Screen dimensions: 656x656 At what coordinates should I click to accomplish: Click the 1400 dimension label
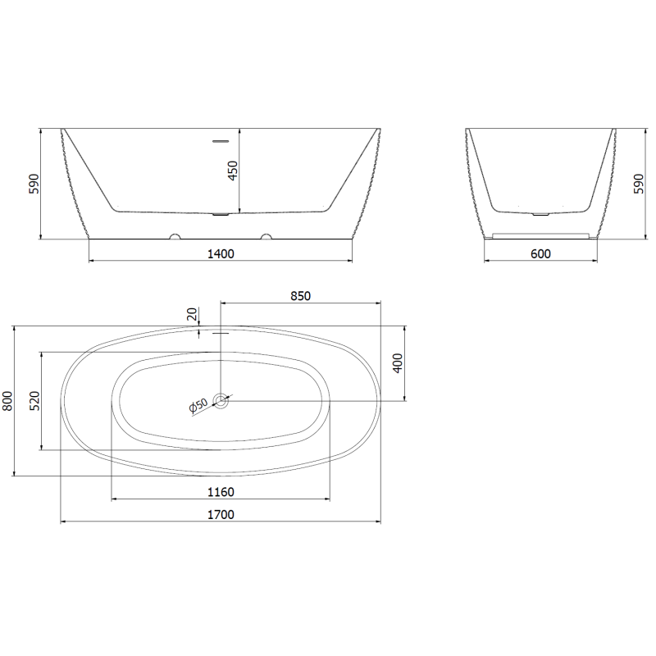(x=221, y=253)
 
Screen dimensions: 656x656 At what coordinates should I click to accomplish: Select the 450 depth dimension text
(x=232, y=171)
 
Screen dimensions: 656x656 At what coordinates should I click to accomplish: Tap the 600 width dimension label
(x=540, y=253)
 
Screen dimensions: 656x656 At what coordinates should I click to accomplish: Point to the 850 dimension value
(x=300, y=296)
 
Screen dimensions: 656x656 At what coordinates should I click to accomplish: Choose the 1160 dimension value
(x=221, y=492)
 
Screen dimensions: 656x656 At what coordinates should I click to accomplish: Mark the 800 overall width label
(x=7, y=400)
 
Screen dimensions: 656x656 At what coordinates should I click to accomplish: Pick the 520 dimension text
(x=35, y=400)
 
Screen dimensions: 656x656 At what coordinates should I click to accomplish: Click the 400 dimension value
(x=398, y=363)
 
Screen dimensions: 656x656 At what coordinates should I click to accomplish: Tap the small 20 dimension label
(x=192, y=314)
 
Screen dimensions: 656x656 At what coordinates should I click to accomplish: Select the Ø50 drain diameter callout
(x=198, y=407)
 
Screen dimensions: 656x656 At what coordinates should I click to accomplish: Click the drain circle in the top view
(x=221, y=401)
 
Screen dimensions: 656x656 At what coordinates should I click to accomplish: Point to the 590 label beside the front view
(x=34, y=184)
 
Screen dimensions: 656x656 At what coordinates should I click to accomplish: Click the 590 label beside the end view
(x=639, y=184)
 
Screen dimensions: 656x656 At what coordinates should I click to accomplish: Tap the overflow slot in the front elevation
(x=221, y=141)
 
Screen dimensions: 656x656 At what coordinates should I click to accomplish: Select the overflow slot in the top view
(x=221, y=333)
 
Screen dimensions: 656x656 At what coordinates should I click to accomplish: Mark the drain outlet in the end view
(x=540, y=214)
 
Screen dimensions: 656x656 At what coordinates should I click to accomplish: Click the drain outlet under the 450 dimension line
(x=221, y=216)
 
